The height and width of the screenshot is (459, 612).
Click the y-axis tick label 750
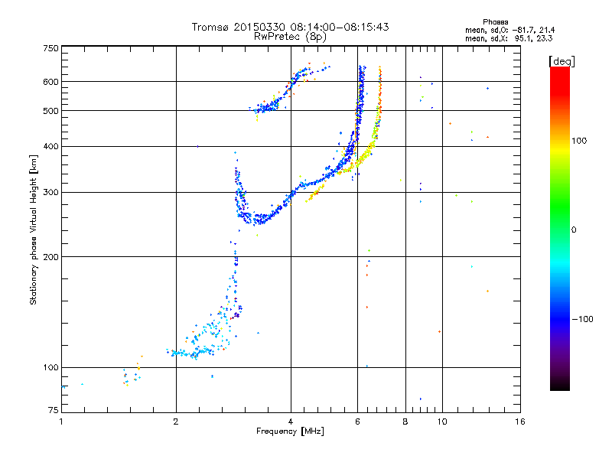50,48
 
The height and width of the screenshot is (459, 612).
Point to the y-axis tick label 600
50,82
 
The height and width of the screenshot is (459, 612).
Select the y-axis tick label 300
50,192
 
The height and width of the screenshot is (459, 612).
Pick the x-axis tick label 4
291,422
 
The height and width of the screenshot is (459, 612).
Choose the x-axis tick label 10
441,422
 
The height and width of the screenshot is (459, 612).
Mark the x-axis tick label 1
62,422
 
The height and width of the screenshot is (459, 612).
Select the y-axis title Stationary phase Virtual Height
34,229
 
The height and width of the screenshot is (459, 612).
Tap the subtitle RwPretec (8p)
291,36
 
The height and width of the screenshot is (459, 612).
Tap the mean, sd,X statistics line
509,37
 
